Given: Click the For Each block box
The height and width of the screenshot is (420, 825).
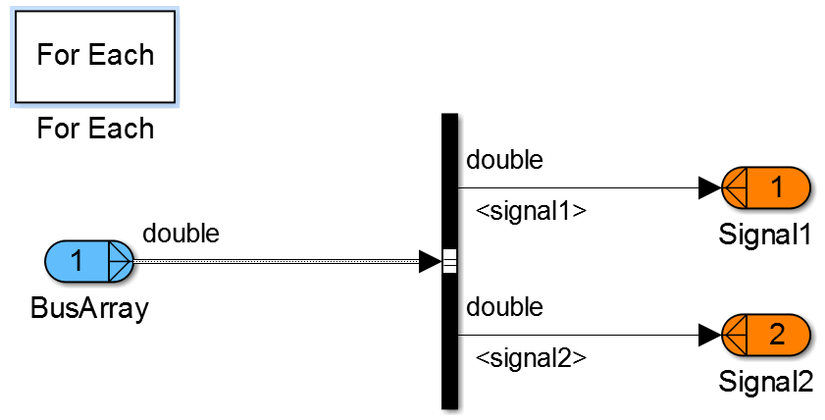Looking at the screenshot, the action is [95, 56].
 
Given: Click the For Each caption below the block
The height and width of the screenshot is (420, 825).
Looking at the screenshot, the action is [95, 129].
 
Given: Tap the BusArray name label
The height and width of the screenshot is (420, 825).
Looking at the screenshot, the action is [89, 308].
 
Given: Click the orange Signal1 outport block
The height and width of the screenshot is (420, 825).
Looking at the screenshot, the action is [765, 187].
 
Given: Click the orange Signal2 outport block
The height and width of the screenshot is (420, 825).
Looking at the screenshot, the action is [765, 336].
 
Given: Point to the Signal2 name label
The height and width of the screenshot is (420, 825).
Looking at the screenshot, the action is [765, 381].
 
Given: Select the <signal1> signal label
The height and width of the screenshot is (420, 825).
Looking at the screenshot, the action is [531, 210].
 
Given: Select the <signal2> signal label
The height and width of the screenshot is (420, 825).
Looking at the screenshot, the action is [531, 358].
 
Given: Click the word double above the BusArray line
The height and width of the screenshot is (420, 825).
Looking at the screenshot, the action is [181, 234].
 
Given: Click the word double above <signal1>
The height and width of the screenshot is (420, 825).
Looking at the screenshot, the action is [504, 159].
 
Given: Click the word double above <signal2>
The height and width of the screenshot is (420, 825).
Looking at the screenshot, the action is [504, 307].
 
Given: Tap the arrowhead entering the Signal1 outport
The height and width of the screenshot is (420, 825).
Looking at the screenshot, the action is [709, 187].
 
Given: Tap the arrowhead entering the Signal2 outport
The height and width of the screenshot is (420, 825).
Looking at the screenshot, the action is [709, 336].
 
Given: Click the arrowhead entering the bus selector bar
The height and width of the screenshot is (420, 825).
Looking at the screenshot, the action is [430, 262].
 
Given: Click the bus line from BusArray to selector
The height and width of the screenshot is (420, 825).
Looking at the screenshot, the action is [275, 262].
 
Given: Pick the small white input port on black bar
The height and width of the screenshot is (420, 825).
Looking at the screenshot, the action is [450, 262].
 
